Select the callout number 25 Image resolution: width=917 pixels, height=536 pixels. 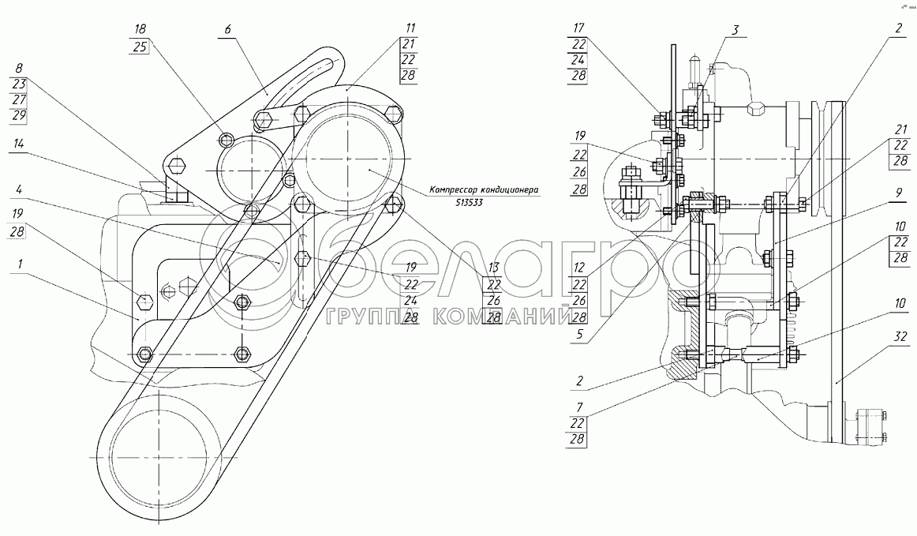140,47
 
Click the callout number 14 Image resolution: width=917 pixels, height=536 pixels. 19,144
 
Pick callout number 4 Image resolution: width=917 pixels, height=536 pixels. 19,189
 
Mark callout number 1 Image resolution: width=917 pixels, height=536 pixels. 21,264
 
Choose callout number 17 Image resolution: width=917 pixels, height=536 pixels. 579,28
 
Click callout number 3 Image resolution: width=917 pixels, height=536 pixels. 735,28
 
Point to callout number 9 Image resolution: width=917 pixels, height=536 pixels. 899,193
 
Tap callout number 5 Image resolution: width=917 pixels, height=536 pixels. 579,335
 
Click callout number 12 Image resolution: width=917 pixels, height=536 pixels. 579,268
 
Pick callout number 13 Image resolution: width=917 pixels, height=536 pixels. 494,268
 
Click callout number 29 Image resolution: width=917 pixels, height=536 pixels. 19,116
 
